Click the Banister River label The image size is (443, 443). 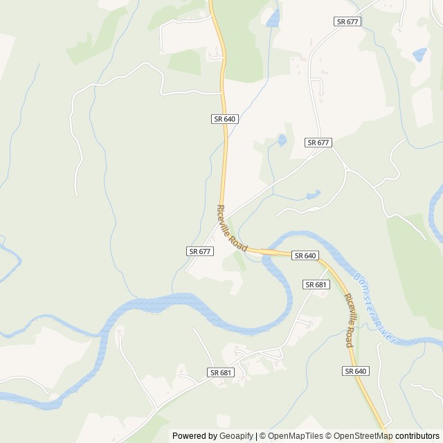374,307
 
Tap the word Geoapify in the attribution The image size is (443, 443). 236,436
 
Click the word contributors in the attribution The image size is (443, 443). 417,436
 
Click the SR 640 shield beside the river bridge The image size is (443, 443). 305,255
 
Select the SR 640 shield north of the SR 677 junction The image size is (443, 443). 225,119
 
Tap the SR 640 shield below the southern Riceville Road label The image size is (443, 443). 355,372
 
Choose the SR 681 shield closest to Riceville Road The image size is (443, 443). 316,284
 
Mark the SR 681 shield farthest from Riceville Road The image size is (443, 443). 221,372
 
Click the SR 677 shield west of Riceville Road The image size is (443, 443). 200,251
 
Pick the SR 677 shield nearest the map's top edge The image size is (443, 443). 347,21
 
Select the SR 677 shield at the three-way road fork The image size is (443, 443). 318,143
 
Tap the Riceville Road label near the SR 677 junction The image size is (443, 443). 232,228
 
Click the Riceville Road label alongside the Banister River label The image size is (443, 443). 349,320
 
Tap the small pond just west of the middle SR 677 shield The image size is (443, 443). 282,141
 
